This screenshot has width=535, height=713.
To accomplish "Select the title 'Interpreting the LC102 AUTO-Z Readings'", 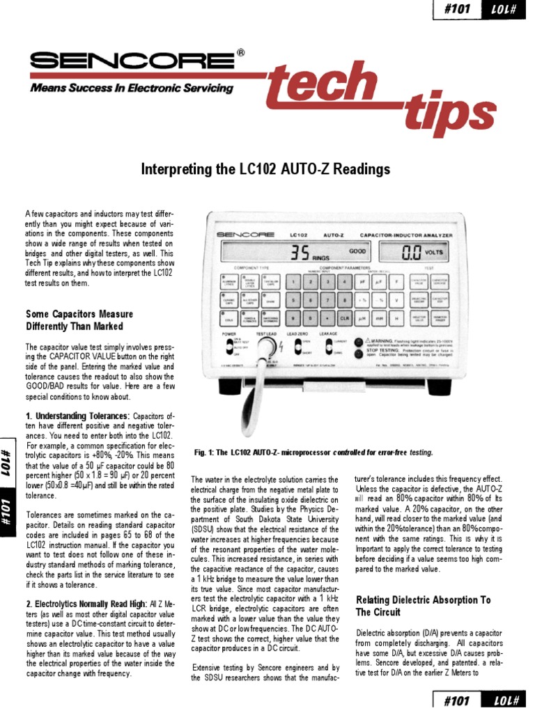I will (x=267, y=169).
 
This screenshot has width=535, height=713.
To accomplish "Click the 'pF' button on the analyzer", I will (x=362, y=282).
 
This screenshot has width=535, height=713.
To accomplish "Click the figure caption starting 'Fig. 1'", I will (x=313, y=453).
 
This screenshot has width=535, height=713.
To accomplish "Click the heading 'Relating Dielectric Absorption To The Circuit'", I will (x=423, y=606).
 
